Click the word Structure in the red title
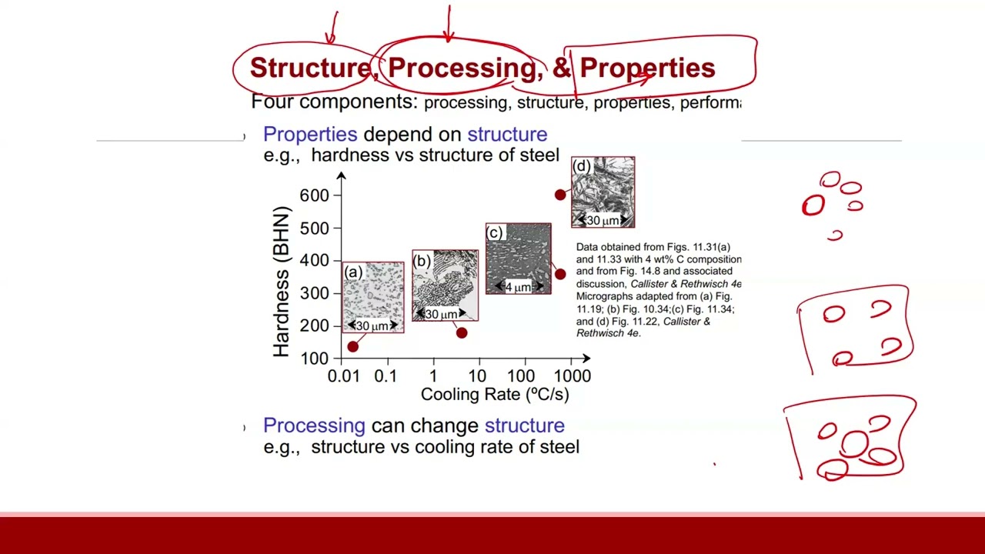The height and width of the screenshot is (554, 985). tap(310, 68)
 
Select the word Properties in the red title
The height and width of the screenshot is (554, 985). tap(647, 68)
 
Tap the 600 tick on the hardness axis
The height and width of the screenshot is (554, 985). tap(315, 195)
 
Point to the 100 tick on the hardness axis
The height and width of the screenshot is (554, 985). tap(315, 359)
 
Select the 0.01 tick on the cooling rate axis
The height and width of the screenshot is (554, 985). tap(343, 376)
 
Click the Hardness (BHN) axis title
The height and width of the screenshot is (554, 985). tap(282, 282)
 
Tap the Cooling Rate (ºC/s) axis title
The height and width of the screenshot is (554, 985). tap(495, 395)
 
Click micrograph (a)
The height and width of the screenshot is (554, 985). tap(373, 297)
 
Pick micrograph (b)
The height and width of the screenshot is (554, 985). tap(445, 285)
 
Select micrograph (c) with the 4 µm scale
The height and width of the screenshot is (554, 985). tap(518, 259)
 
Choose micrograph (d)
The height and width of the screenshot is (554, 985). tap(603, 192)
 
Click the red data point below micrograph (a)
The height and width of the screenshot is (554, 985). tap(352, 346)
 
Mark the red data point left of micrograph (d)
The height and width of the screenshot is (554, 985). tap(560, 195)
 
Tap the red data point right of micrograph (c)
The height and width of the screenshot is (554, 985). tap(560, 275)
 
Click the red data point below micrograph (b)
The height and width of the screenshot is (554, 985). tap(462, 333)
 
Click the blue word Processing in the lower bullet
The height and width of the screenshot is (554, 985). tap(314, 426)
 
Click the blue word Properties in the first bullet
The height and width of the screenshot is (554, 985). tap(310, 134)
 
